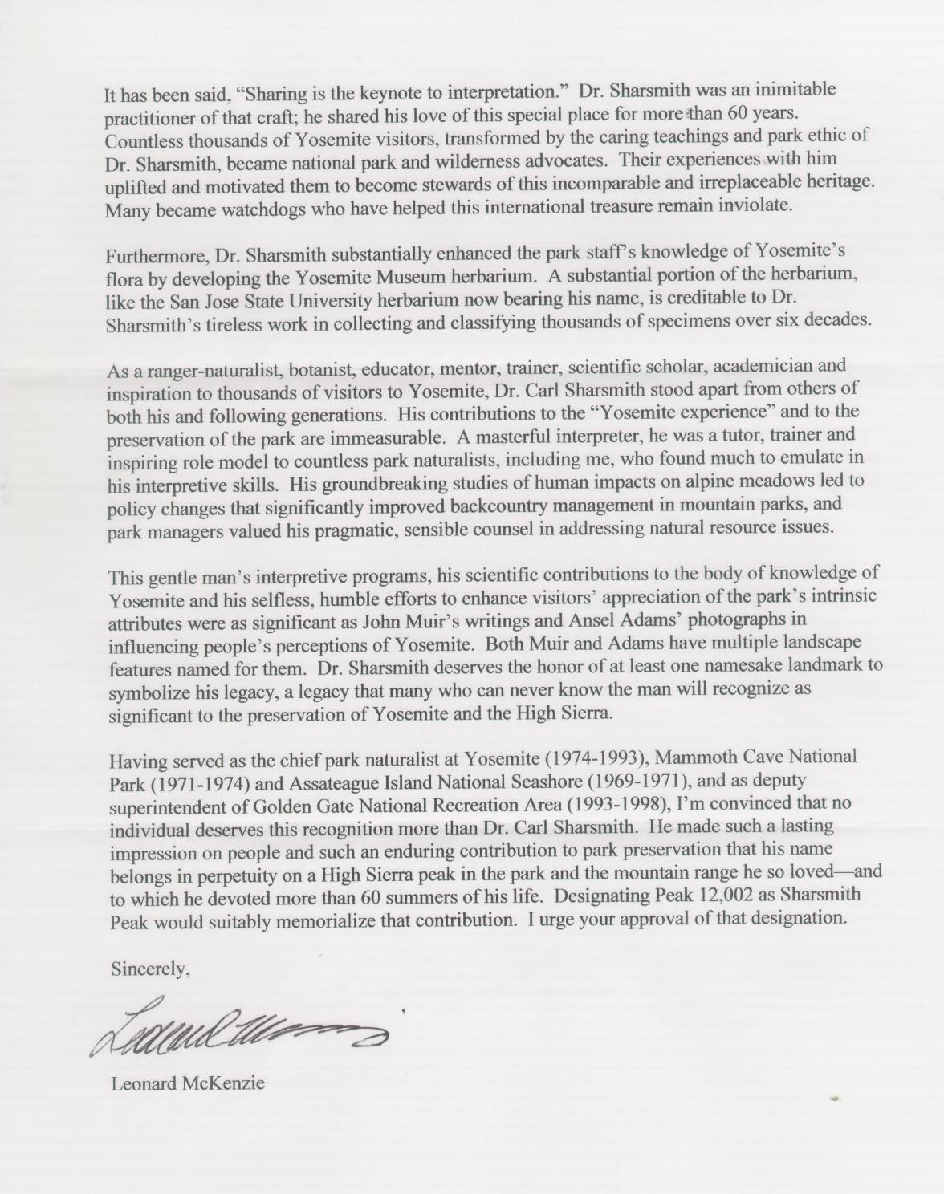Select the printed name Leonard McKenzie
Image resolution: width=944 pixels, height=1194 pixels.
pyautogui.click(x=188, y=1084)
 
